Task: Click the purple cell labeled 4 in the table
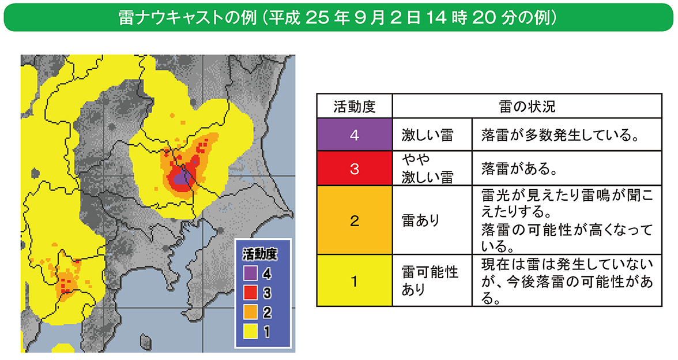pos(354,135)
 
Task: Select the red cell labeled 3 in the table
pos(354,168)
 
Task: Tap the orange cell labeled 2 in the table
pos(354,220)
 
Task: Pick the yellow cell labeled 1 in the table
pos(354,282)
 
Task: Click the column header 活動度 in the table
pos(354,107)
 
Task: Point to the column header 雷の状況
pos(526,107)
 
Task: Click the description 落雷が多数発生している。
pos(566,135)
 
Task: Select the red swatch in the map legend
pos(250,292)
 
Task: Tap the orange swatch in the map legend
pos(250,312)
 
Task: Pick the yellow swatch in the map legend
pos(250,332)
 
